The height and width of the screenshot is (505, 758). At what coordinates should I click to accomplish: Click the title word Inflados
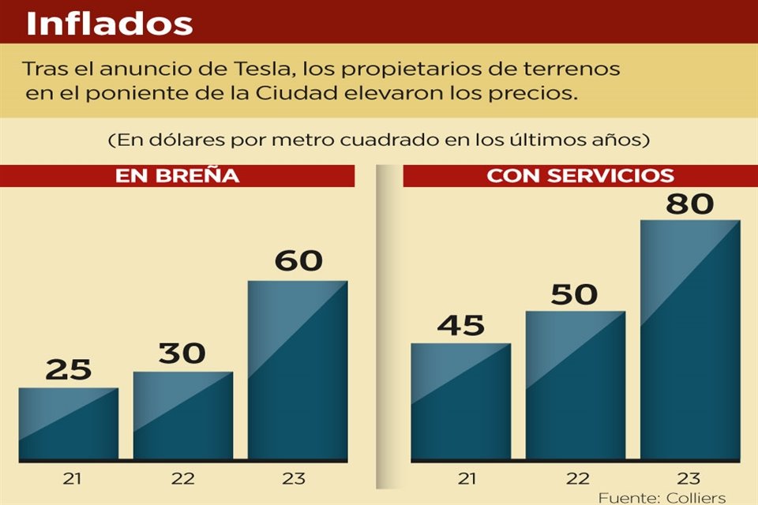(109, 24)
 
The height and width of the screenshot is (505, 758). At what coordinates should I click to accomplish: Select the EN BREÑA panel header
(177, 176)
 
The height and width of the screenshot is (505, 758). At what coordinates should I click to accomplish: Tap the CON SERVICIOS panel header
(580, 176)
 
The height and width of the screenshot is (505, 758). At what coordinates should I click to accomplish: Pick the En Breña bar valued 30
(183, 416)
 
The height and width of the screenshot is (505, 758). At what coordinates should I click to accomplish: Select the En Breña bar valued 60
(298, 370)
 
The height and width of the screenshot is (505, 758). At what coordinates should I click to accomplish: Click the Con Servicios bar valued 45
(461, 402)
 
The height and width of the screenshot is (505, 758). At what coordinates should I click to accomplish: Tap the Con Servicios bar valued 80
(690, 339)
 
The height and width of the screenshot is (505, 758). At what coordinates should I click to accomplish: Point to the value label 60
(298, 260)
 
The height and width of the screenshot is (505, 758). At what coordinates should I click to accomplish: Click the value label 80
(690, 204)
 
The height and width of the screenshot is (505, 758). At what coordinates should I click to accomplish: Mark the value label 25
(69, 369)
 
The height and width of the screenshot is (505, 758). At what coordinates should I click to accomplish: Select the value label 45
(461, 324)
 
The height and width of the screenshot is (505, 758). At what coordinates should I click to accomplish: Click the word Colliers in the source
(696, 498)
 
